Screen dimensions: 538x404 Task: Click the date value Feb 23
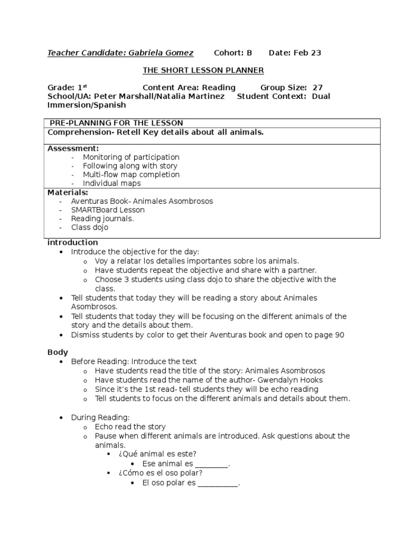(308, 53)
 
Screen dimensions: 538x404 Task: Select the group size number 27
(317, 88)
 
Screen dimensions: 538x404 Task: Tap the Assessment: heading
(73, 149)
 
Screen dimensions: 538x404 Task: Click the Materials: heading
(68, 192)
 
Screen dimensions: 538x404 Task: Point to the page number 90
(339, 335)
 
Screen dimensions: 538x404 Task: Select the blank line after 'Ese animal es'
(212, 463)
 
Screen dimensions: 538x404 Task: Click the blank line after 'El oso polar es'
(218, 482)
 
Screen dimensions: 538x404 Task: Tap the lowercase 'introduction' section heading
(73, 243)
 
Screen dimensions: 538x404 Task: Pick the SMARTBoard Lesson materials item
(108, 210)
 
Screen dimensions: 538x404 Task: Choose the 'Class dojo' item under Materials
(90, 227)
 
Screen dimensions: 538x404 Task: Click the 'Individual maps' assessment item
(112, 183)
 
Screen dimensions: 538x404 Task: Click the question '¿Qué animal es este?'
(158, 454)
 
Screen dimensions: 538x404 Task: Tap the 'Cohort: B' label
(233, 53)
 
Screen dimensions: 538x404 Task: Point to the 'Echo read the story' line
(130, 427)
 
